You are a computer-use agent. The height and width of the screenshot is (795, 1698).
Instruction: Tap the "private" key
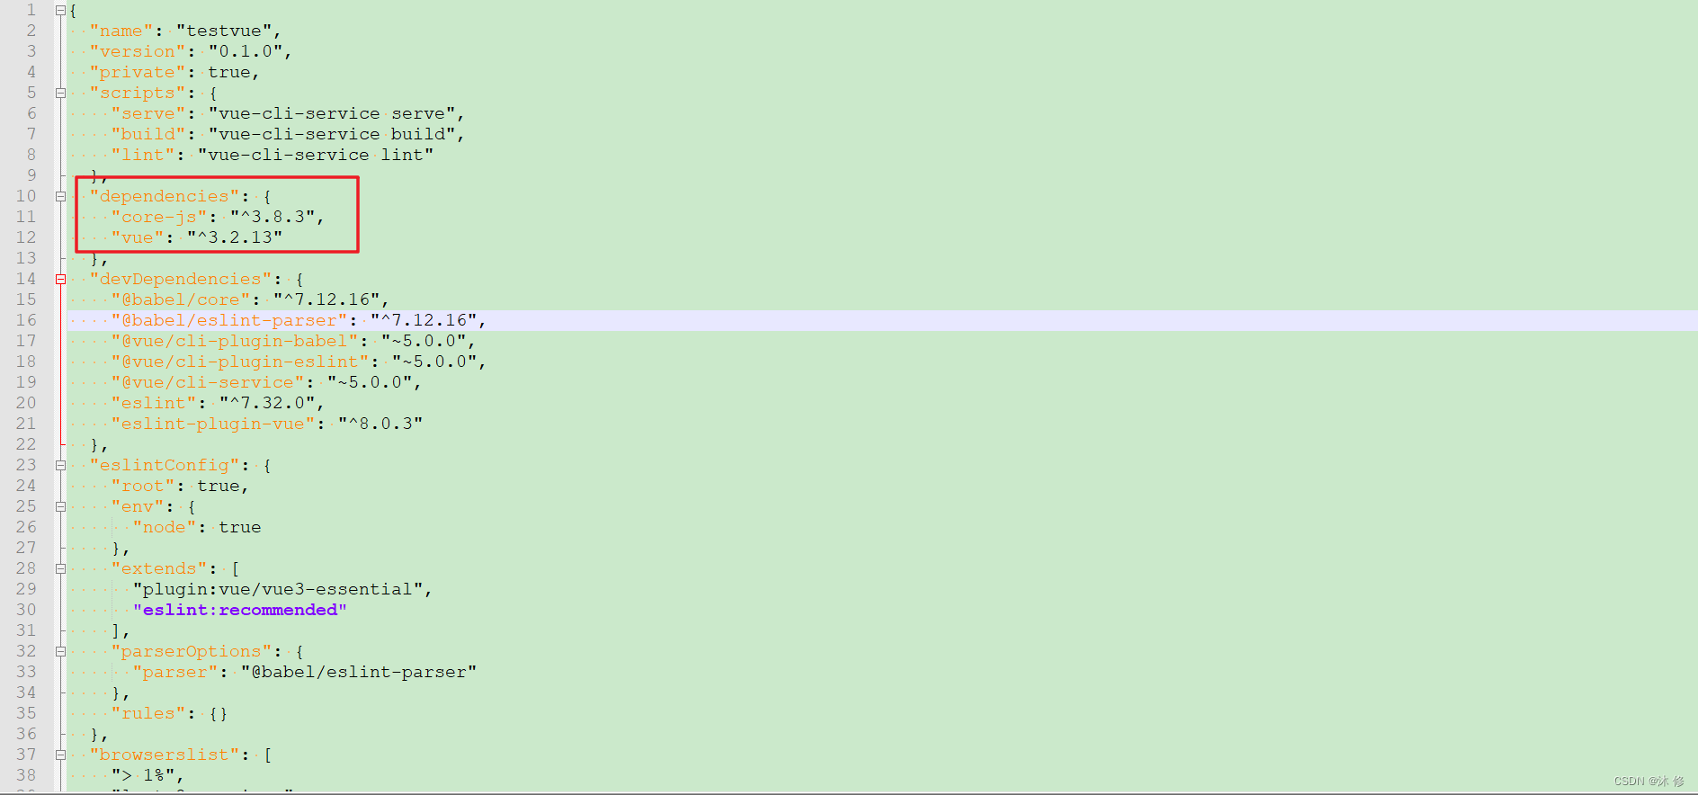(x=137, y=72)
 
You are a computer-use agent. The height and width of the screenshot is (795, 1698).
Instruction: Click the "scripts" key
(x=137, y=93)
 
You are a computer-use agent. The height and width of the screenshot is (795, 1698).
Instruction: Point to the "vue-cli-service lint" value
(x=316, y=155)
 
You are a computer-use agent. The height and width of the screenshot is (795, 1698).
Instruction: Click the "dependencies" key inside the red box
(x=164, y=196)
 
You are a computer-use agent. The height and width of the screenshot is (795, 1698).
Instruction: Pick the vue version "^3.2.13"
(x=235, y=237)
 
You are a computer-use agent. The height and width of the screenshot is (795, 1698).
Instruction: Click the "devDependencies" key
(x=180, y=279)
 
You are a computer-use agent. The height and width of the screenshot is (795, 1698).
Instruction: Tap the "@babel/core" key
(x=180, y=299)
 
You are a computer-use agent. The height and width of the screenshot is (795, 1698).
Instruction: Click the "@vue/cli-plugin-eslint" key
(x=239, y=362)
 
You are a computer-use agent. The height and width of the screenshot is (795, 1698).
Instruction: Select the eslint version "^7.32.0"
(x=267, y=403)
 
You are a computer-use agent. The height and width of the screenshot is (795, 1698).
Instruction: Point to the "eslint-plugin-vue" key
(x=212, y=424)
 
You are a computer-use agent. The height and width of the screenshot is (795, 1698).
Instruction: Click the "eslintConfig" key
(x=164, y=465)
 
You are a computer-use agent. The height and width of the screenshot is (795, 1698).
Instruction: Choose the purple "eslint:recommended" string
(x=240, y=610)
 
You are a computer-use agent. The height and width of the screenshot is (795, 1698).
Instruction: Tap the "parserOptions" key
(x=191, y=651)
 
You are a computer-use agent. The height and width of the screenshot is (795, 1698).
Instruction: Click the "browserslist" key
(x=164, y=755)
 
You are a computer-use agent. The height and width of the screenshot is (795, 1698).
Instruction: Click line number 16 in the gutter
(x=26, y=320)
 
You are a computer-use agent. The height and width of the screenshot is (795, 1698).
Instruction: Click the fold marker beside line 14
(x=60, y=279)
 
